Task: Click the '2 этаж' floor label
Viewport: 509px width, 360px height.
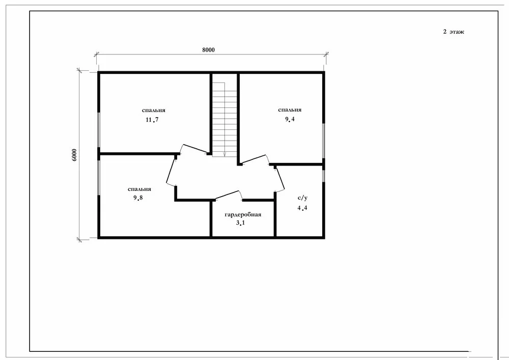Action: (x=454, y=32)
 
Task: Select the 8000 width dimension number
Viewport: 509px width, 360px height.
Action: (x=208, y=50)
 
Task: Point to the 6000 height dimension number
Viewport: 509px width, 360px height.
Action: (x=74, y=155)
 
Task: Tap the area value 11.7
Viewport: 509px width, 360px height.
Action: (x=152, y=120)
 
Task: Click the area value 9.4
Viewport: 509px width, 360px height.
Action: (x=290, y=119)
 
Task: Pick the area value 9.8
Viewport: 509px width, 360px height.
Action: (x=138, y=198)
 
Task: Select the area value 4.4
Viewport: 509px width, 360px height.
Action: (x=302, y=208)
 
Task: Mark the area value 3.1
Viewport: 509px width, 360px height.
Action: (x=241, y=223)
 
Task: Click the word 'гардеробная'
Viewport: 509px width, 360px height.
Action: (x=243, y=214)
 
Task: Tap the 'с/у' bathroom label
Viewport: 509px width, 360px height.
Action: (x=302, y=198)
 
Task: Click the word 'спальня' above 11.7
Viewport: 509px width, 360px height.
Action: (x=154, y=110)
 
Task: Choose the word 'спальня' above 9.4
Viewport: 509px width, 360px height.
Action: (x=290, y=109)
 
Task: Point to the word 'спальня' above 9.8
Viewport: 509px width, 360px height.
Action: (x=139, y=189)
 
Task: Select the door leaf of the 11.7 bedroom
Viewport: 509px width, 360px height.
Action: (x=195, y=148)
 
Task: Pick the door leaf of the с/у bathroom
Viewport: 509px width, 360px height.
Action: (x=280, y=179)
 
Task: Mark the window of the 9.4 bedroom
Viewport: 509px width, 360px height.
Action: (x=323, y=141)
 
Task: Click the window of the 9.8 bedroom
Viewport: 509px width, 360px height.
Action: (x=99, y=178)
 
